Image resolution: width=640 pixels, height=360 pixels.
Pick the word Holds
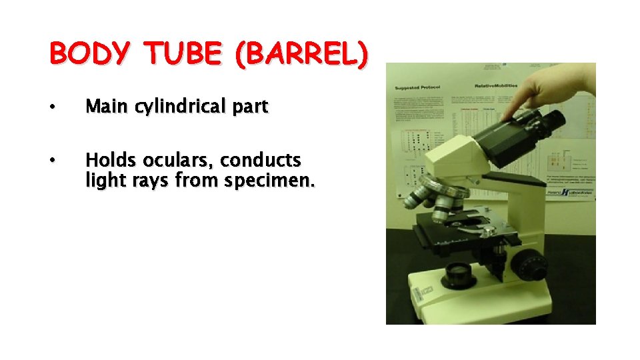[109, 161]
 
